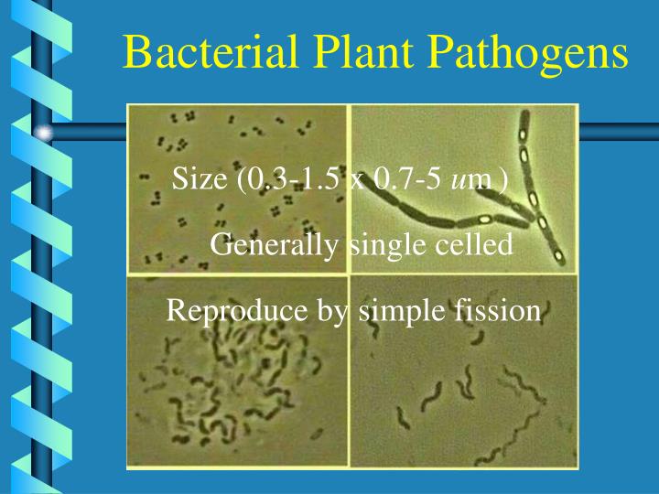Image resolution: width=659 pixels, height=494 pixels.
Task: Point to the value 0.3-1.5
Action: click(289, 178)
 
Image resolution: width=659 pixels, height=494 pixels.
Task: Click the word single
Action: click(378, 246)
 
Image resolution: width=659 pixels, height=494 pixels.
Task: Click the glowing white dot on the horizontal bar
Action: click(45, 134)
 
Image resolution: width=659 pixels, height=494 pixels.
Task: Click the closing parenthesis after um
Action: click(501, 179)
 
